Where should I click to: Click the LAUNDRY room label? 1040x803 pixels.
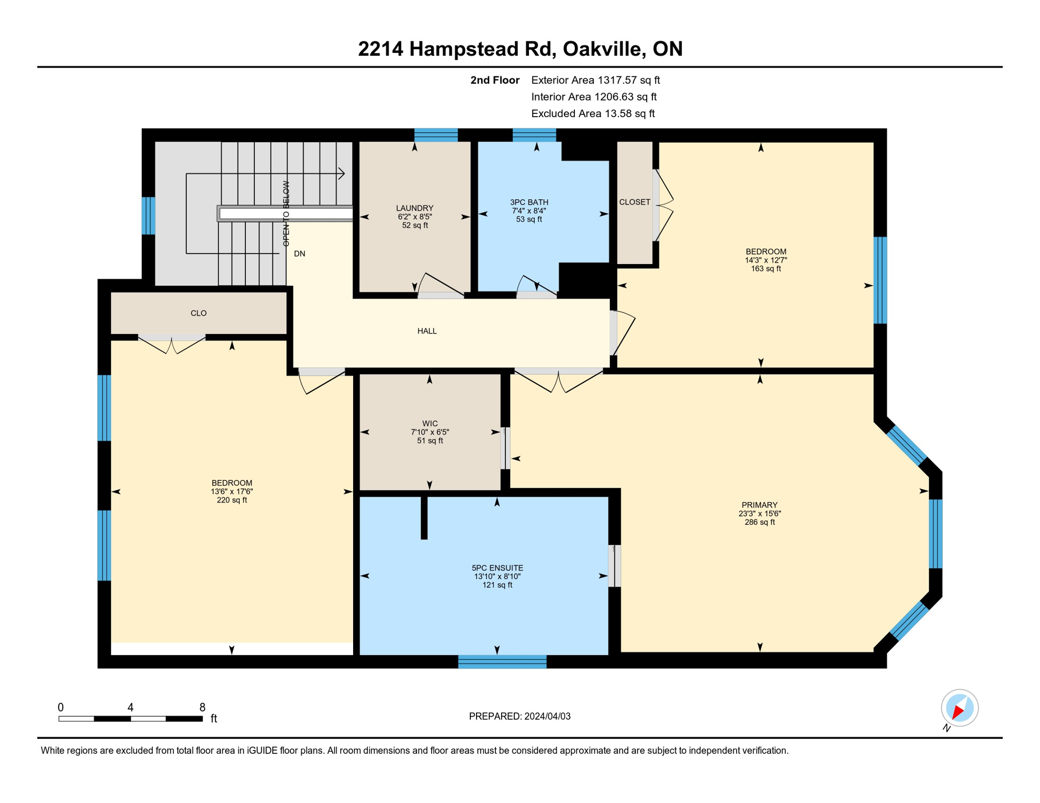point(414,208)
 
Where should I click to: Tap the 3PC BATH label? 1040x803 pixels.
point(529,202)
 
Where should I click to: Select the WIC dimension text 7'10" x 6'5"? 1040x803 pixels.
point(429,432)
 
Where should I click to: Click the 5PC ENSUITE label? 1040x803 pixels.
point(497,568)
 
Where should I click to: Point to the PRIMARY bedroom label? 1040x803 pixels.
point(759,505)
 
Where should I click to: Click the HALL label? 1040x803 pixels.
point(427,331)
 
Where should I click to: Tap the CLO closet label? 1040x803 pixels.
point(198,313)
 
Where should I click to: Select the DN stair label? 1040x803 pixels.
point(299,254)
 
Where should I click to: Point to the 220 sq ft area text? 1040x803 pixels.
point(232,500)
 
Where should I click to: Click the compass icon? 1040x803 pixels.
point(959,708)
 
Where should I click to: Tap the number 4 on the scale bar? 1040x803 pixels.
point(130,707)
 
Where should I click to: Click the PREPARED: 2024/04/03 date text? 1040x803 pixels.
point(519,716)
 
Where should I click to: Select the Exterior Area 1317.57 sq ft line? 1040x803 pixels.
point(595,80)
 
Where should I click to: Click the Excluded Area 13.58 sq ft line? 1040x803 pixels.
point(592,113)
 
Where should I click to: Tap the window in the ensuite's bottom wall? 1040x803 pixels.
point(502,662)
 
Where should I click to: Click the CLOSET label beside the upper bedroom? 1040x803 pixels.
point(635,202)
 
